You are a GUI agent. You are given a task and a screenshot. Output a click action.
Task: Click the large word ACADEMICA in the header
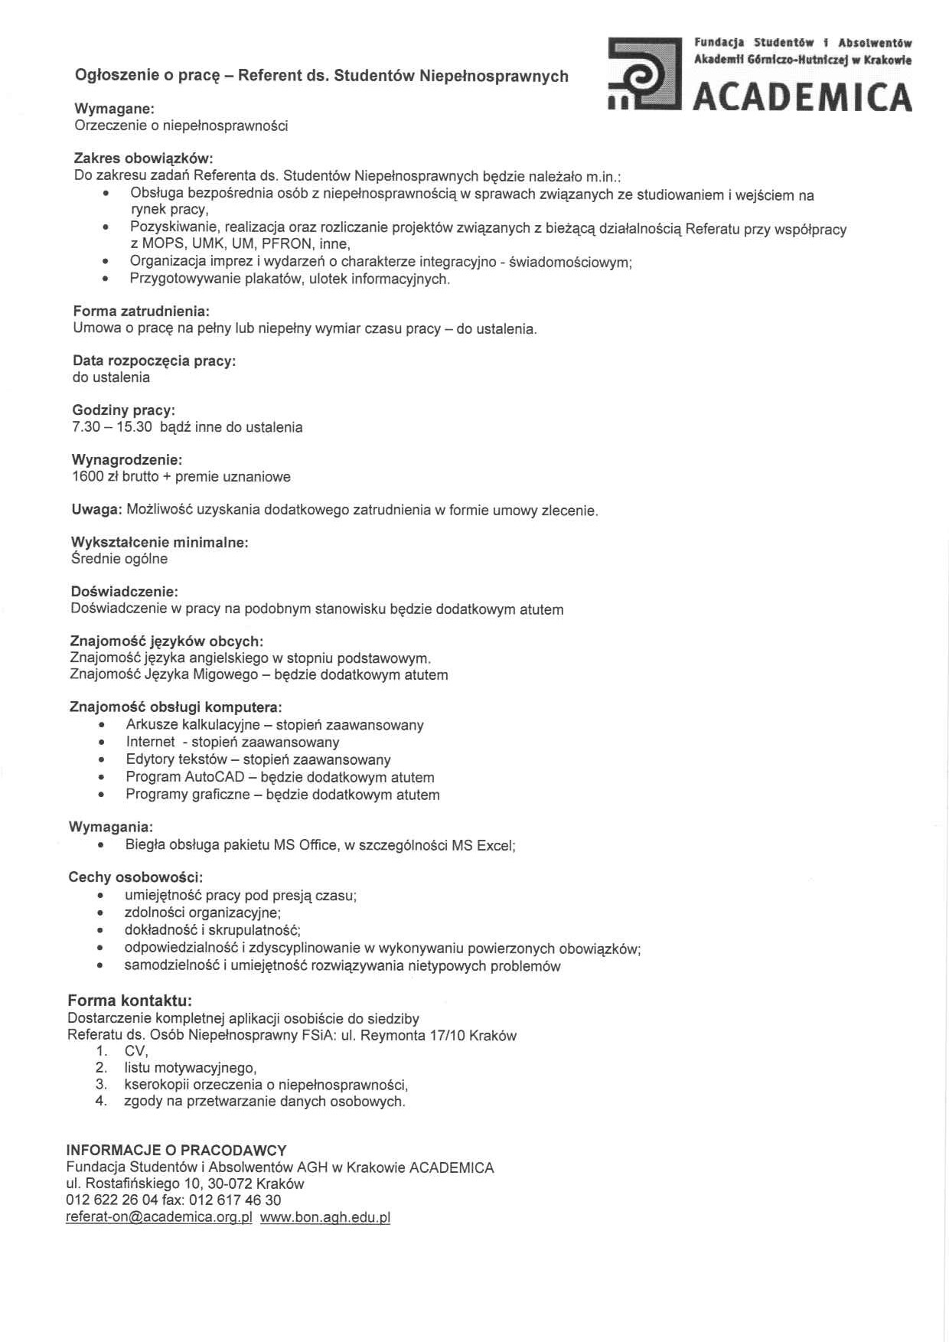tap(802, 97)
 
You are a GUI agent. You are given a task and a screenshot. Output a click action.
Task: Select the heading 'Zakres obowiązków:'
tap(143, 158)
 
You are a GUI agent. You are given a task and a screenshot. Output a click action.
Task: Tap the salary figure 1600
tap(86, 477)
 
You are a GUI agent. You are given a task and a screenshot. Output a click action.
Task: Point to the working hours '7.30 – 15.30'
tap(112, 427)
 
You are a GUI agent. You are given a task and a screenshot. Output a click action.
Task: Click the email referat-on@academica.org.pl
tap(159, 1217)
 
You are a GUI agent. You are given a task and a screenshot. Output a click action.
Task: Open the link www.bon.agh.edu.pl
tap(325, 1217)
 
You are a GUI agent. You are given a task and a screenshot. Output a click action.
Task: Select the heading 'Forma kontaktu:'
tap(129, 1000)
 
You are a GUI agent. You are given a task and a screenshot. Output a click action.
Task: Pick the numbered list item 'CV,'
tap(135, 1051)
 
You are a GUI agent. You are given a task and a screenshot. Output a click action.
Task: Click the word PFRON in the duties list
tap(287, 244)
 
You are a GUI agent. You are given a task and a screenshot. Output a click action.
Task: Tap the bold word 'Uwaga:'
tap(96, 510)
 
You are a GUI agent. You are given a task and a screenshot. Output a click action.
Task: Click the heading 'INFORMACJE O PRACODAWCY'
tap(176, 1150)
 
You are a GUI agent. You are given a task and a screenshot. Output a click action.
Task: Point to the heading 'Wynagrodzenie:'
tap(127, 460)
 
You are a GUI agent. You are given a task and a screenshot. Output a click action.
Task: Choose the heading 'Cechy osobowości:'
tap(135, 877)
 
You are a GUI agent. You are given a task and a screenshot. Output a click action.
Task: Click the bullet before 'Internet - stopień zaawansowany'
tap(101, 743)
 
